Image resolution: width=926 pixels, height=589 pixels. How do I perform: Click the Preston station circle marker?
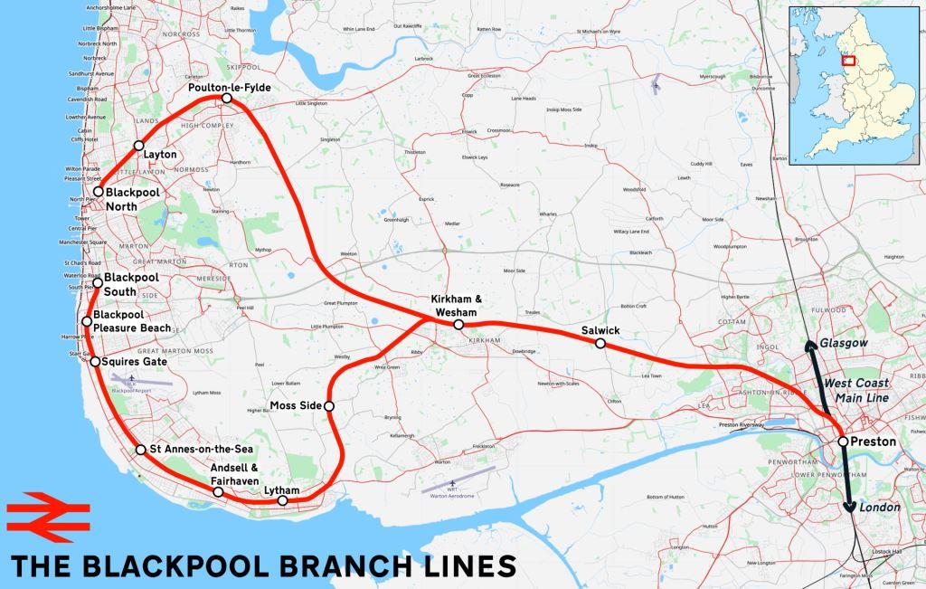[843, 442]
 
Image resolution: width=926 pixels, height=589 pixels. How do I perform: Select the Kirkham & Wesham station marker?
[458, 324]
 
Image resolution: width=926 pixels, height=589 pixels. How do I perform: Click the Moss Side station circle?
[329, 406]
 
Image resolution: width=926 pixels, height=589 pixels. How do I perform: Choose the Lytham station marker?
[283, 500]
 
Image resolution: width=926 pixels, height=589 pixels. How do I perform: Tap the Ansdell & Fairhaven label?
[233, 474]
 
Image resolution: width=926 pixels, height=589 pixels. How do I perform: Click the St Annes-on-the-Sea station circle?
[140, 450]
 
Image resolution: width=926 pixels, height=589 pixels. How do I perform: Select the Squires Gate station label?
[136, 362]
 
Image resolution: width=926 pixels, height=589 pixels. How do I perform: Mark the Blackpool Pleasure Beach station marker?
[87, 321]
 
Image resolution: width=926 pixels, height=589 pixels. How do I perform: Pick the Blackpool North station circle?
[98, 192]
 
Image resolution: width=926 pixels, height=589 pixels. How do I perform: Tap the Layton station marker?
[138, 145]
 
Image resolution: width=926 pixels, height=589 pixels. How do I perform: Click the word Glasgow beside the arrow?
[844, 343]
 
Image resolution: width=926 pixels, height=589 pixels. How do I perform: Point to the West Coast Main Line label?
[855, 391]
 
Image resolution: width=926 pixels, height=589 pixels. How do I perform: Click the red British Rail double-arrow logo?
[48, 517]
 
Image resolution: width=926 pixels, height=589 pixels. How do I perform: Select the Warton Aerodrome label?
[452, 495]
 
